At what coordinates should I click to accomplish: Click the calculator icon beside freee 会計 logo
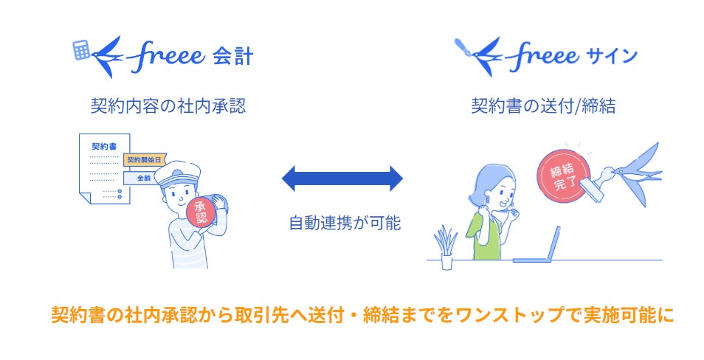pos(82,49)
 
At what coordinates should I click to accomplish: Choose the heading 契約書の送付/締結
pos(544,106)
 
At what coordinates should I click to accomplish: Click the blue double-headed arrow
pos(343,177)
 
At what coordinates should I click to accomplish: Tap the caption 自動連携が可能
pos(344,222)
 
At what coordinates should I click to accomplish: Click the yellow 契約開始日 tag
pos(144,159)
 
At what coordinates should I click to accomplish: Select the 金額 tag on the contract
pos(142,179)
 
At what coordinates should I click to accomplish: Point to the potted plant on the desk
pos(445,247)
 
